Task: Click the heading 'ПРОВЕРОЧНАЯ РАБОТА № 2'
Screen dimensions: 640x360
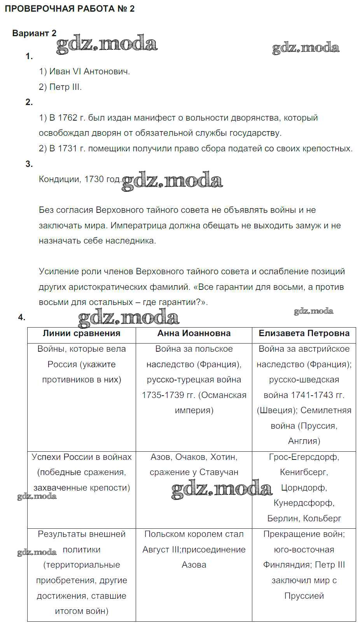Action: tap(70, 9)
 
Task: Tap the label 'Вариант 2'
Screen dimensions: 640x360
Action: tap(34, 33)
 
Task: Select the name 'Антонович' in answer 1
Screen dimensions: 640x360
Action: tap(106, 71)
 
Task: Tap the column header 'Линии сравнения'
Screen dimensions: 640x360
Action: tap(81, 333)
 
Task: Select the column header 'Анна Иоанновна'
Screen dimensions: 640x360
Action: tap(194, 333)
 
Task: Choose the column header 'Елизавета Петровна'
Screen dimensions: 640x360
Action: tap(304, 333)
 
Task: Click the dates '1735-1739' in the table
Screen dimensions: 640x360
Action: tap(163, 395)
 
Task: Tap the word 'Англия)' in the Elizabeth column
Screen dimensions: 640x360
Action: tap(304, 441)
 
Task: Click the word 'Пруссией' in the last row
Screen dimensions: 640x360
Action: tap(304, 596)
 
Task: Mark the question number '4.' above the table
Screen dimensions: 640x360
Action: tap(21, 317)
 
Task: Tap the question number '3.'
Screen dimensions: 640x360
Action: tap(29, 164)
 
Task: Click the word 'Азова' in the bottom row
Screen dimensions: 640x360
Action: tap(194, 565)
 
